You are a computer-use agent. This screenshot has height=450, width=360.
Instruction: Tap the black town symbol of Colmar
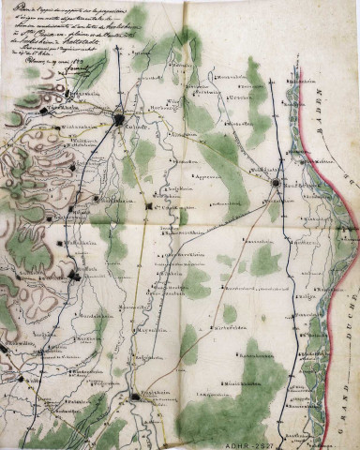coord(121,118)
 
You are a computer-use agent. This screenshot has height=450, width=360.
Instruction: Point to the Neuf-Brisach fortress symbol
coord(274,184)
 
